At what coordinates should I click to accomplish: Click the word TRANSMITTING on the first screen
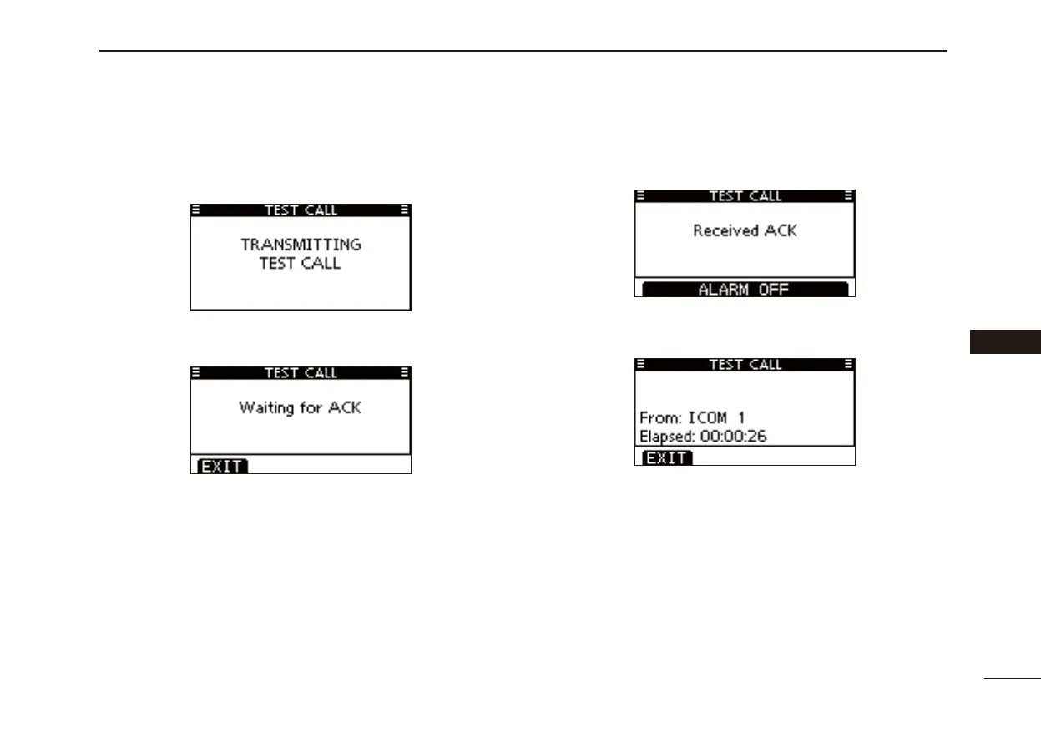(301, 245)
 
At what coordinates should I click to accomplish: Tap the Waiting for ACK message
(301, 408)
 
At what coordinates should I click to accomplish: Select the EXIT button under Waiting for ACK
(222, 467)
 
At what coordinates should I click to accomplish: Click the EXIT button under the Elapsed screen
(666, 458)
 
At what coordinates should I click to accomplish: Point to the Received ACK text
(745, 230)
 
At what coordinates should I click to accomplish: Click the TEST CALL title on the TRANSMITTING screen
(301, 210)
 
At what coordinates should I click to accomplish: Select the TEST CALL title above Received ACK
(745, 196)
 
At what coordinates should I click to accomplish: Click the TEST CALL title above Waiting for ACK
(301, 373)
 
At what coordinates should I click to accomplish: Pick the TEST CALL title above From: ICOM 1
(745, 365)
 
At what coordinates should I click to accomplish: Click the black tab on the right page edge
(1005, 342)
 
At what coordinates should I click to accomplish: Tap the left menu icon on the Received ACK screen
(640, 196)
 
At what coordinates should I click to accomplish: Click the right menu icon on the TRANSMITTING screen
(405, 210)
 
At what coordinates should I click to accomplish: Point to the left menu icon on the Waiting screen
(195, 373)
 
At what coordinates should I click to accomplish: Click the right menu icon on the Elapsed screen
(849, 365)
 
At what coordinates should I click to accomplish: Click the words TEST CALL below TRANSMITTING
(301, 264)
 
